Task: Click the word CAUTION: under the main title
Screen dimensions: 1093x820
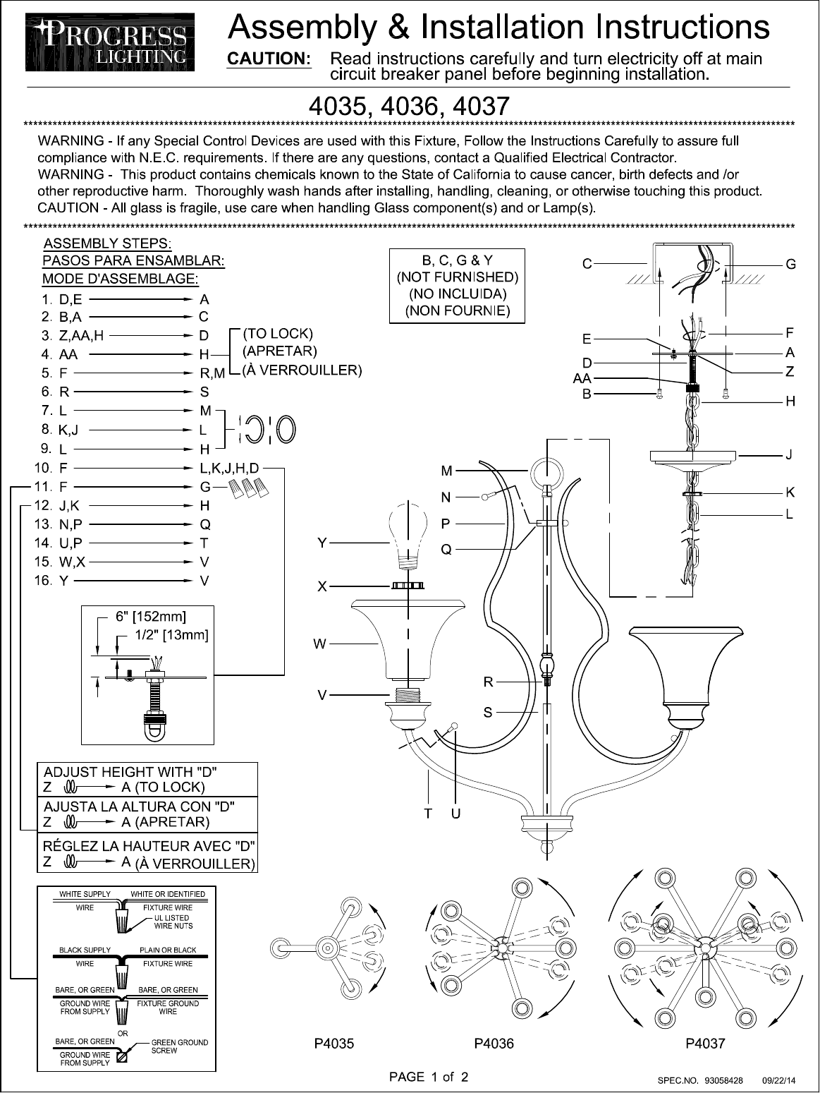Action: coord(269,59)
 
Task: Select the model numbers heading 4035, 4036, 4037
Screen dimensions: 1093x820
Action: coord(409,107)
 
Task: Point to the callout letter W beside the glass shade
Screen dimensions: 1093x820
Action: coord(320,644)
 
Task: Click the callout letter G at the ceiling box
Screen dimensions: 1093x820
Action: coord(791,265)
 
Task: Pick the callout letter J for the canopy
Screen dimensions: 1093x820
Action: coord(790,456)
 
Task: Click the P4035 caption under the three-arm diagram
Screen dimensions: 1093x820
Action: coord(333,1044)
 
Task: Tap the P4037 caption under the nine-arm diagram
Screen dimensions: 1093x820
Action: coord(705,1044)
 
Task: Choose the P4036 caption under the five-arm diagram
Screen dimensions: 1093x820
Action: coord(494,1044)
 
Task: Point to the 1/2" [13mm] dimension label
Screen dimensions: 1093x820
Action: coord(171,634)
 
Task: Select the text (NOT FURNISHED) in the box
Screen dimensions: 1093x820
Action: coord(458,277)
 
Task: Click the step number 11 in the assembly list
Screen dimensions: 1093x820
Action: coord(44,486)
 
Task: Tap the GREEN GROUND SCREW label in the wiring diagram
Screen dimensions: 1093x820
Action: coord(180,1046)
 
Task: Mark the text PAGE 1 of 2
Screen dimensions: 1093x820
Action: coord(429,1077)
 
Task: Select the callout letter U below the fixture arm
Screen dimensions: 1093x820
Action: coord(456,814)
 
